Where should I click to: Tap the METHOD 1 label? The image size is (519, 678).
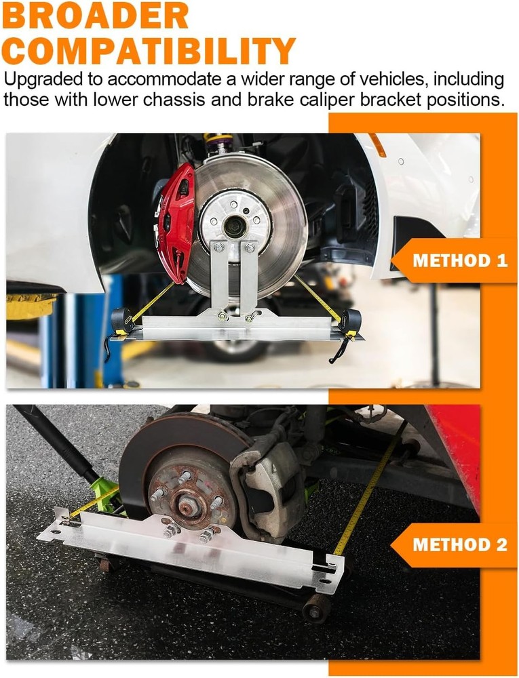tap(460, 261)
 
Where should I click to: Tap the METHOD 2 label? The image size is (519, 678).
tap(460, 544)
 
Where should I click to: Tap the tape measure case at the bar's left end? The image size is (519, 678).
tap(122, 320)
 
